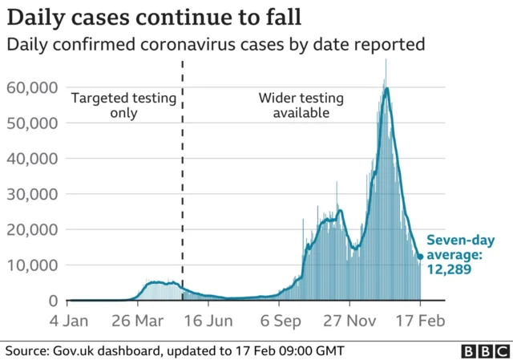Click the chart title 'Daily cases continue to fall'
coord(151,16)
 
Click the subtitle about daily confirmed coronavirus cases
coord(216,45)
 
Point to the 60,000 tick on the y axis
coord(32,87)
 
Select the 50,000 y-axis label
coord(32,123)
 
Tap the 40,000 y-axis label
coord(32,158)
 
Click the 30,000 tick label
coord(32,194)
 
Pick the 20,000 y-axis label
coord(32,229)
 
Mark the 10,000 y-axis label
coord(32,265)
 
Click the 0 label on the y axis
coord(53,301)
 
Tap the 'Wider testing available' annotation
coord(301,106)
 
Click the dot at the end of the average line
coord(421,257)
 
